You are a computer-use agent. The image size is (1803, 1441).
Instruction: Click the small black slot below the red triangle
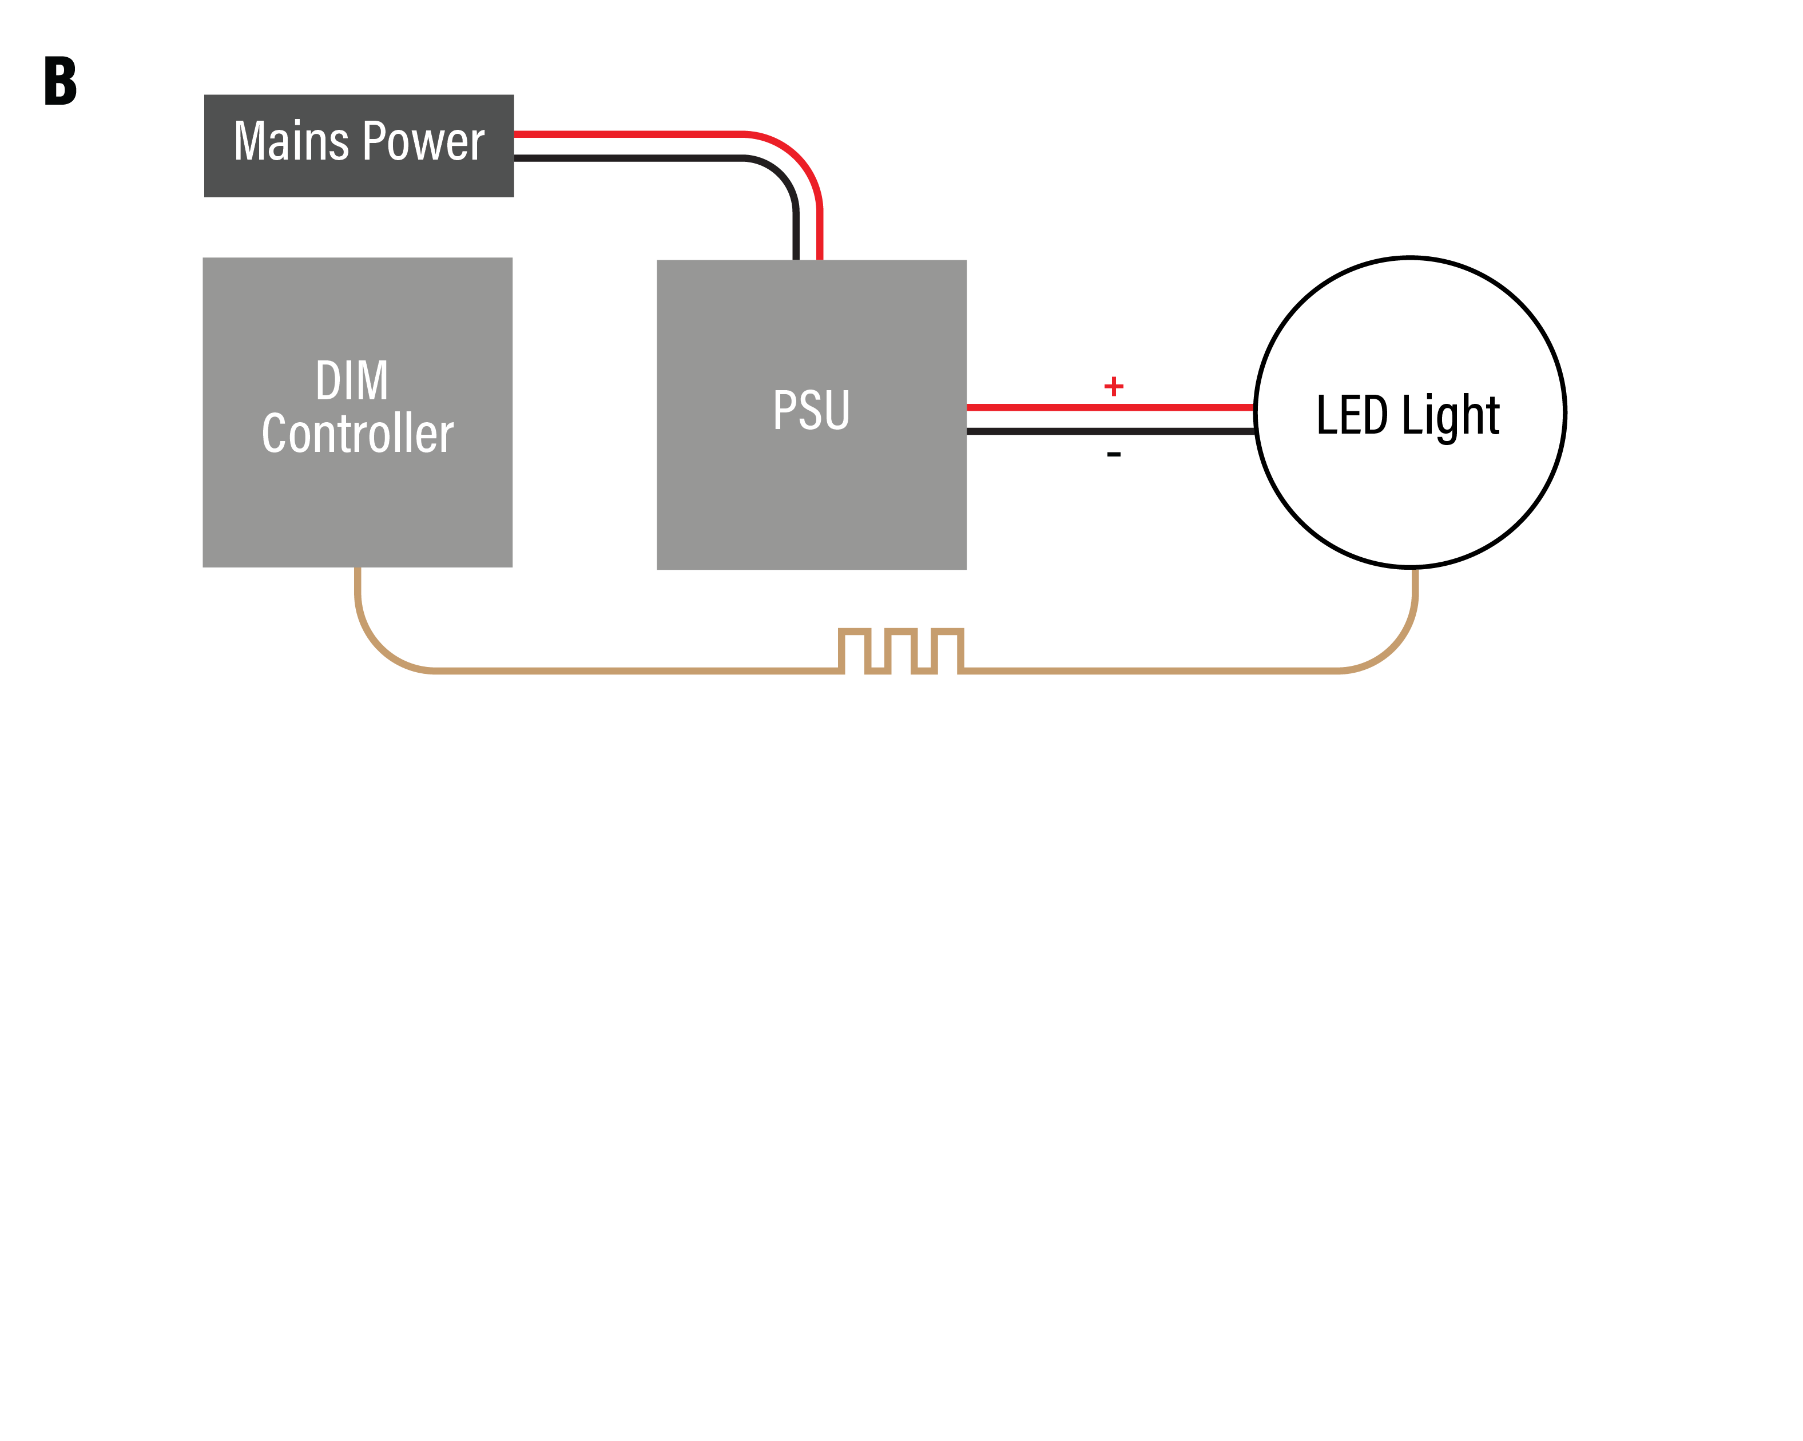click(x=1114, y=502)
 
